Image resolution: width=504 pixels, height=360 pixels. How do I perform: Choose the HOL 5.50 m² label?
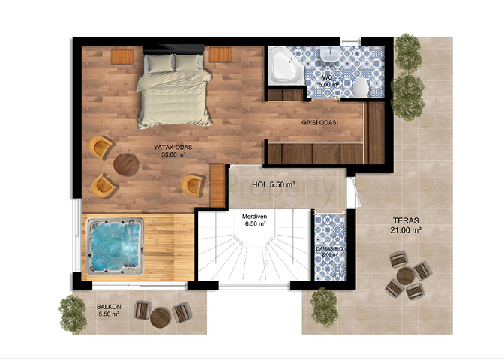[x=272, y=184]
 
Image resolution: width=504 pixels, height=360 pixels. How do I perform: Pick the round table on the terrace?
[x=404, y=277]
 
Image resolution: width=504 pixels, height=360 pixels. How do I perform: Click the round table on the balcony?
[x=160, y=317]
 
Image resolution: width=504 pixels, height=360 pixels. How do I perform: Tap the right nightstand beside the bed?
[x=220, y=55]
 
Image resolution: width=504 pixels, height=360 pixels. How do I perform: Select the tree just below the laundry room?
[x=324, y=304]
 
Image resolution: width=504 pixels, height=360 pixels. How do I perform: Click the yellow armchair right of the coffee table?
[x=193, y=184]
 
